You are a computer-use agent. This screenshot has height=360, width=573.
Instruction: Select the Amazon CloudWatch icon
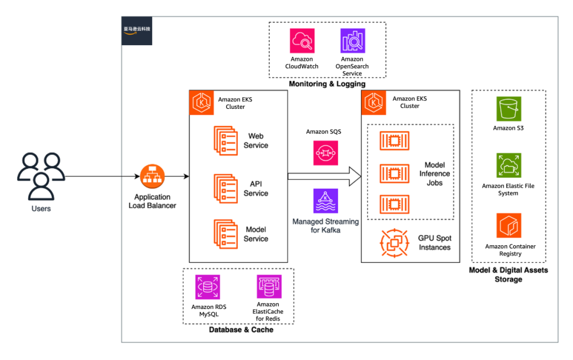click(x=302, y=41)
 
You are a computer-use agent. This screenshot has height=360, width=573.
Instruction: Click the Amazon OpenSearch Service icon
click(x=352, y=41)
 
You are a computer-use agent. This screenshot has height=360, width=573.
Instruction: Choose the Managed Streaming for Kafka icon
click(x=325, y=201)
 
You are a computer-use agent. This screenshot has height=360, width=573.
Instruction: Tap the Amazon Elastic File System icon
click(x=508, y=166)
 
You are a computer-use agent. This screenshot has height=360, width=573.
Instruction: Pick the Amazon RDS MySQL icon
click(x=207, y=287)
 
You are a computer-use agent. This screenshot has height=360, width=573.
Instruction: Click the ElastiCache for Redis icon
click(x=269, y=287)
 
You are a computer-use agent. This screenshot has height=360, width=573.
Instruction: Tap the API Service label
click(x=256, y=188)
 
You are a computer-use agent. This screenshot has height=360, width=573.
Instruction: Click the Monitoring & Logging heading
click(x=327, y=84)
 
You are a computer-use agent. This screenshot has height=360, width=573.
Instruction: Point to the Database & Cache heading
click(x=241, y=330)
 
